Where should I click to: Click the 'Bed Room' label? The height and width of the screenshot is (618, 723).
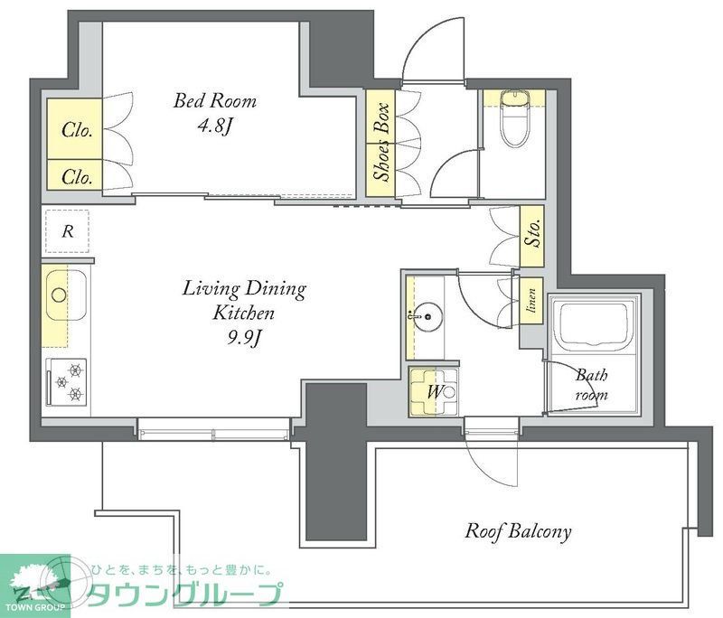tap(215, 101)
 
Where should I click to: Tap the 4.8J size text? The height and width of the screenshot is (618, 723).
tap(215, 126)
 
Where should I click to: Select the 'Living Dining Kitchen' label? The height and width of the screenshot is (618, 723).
tap(244, 302)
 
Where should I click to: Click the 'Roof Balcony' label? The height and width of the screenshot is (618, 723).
tap(518, 531)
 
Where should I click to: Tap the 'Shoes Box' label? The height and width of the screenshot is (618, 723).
tap(382, 144)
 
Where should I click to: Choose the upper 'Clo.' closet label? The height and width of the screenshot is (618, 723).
tap(77, 130)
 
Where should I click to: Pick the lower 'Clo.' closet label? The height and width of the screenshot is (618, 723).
tap(77, 177)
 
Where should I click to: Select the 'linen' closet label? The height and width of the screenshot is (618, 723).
tap(532, 303)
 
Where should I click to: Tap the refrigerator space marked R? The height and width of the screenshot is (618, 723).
tap(67, 231)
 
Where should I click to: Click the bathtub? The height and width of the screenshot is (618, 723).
tap(595, 326)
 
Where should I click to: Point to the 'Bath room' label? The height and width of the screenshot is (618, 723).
tap(593, 383)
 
